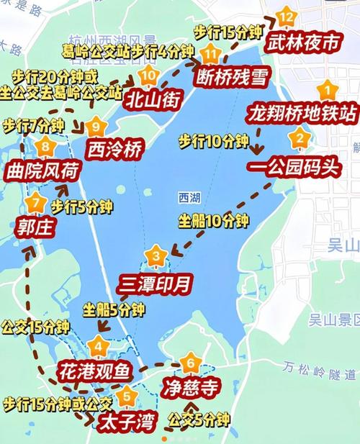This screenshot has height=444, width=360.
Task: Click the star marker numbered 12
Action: pyautogui.click(x=287, y=16)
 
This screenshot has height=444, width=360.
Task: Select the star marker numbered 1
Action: pyautogui.click(x=328, y=91)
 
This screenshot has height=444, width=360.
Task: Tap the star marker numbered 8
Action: pyautogui.click(x=47, y=148)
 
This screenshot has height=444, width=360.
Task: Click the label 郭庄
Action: pyautogui.click(x=34, y=227)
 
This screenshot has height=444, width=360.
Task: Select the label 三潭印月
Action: pyautogui.click(x=156, y=284)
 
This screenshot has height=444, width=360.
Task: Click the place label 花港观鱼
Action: pyautogui.click(x=94, y=372)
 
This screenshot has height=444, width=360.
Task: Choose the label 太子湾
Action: pyautogui.click(x=123, y=419)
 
